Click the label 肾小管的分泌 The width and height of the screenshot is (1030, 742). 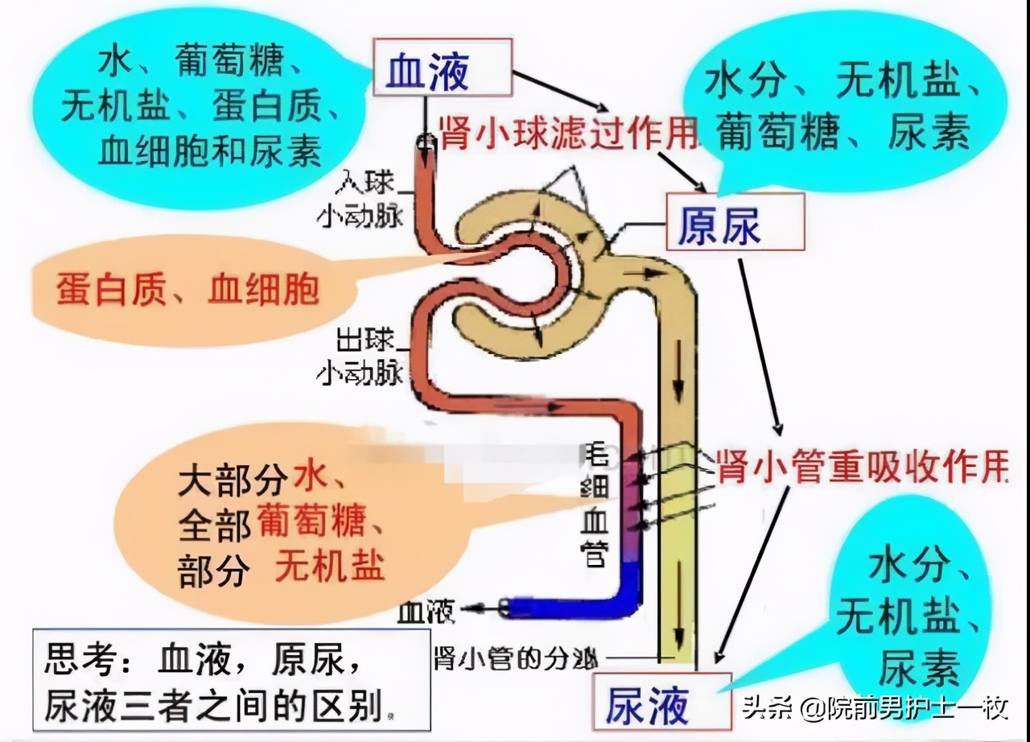(x=516, y=659)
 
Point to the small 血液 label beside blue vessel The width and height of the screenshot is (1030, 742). (x=426, y=612)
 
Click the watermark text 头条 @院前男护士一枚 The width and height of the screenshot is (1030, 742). (x=874, y=708)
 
